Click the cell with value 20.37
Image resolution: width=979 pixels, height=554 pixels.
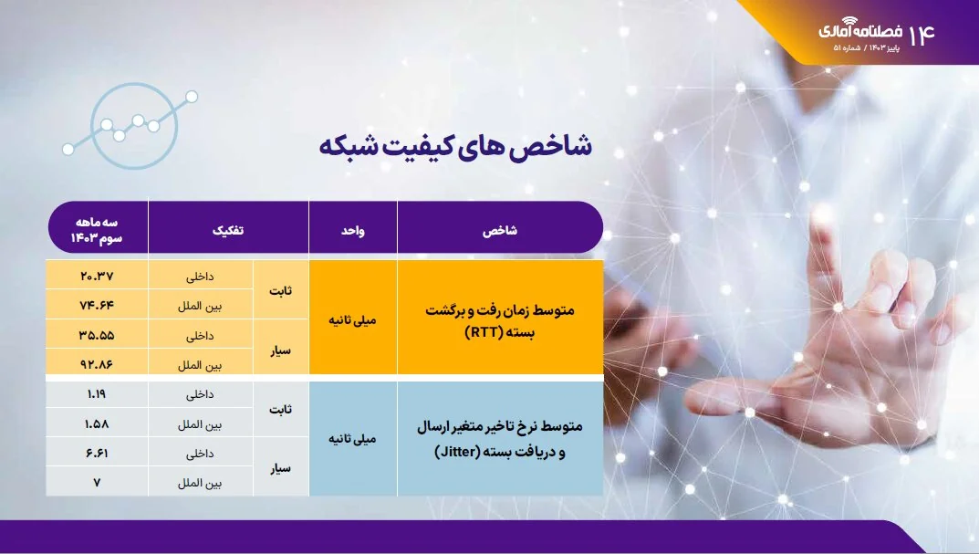pos(97,276)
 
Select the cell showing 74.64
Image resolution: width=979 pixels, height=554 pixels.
pos(97,305)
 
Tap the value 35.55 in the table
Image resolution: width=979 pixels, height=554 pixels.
pos(97,334)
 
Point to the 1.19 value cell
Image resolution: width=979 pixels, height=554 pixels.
pos(97,394)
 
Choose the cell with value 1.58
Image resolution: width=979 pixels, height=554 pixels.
pos(97,423)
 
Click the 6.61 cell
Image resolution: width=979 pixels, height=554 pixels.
pos(97,453)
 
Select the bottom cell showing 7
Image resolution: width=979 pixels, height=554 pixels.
pos(97,481)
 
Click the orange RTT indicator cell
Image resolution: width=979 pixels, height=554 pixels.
pos(499,319)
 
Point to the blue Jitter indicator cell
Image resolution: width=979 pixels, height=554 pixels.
pos(499,438)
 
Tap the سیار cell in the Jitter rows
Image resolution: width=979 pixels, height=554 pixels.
pos(282,467)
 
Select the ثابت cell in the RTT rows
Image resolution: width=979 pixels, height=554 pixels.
pos(282,290)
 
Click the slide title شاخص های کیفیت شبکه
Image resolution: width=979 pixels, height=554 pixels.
pos(455,146)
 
